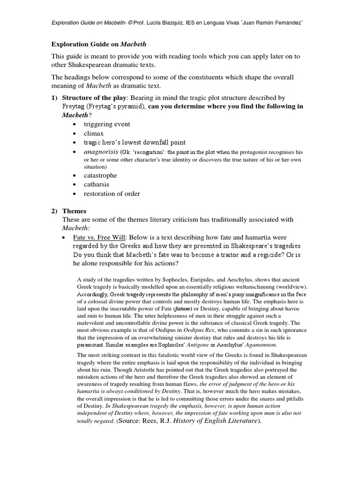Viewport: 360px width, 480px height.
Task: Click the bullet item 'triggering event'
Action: coord(107,124)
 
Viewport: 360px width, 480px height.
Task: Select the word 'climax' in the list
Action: coord(94,134)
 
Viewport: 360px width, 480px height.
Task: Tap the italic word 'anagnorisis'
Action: coord(101,152)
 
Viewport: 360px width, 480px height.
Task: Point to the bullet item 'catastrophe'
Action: coord(100,175)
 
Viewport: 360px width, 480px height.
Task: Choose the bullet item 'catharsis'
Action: coord(97,184)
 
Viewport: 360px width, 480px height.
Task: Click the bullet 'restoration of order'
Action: coord(112,194)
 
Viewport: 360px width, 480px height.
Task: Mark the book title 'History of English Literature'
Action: coord(216,421)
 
